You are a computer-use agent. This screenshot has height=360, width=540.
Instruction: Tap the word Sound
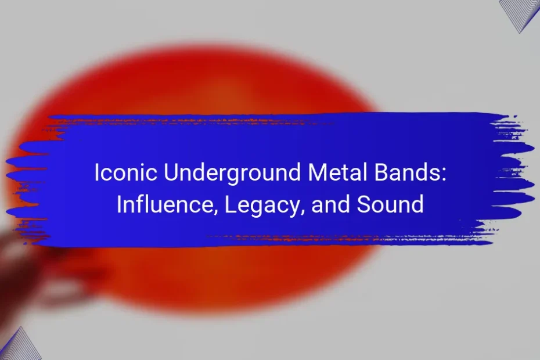(x=390, y=204)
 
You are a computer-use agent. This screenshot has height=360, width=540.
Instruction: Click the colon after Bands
(x=444, y=174)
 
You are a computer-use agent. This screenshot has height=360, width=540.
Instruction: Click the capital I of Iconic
(x=97, y=172)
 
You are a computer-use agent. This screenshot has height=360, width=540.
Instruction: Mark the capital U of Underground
(x=171, y=172)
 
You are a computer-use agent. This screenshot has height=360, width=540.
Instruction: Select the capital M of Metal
(x=316, y=172)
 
